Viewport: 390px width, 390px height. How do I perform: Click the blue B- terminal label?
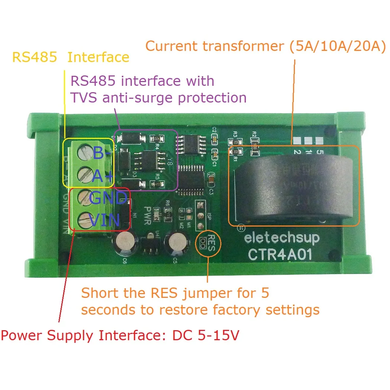pyautogui.click(x=101, y=153)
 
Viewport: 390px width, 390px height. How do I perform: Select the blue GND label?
pyautogui.click(x=108, y=198)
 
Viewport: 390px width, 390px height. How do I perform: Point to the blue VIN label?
pyautogui.click(x=105, y=221)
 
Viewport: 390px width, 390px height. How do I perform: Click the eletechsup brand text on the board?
pyautogui.click(x=282, y=237)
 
